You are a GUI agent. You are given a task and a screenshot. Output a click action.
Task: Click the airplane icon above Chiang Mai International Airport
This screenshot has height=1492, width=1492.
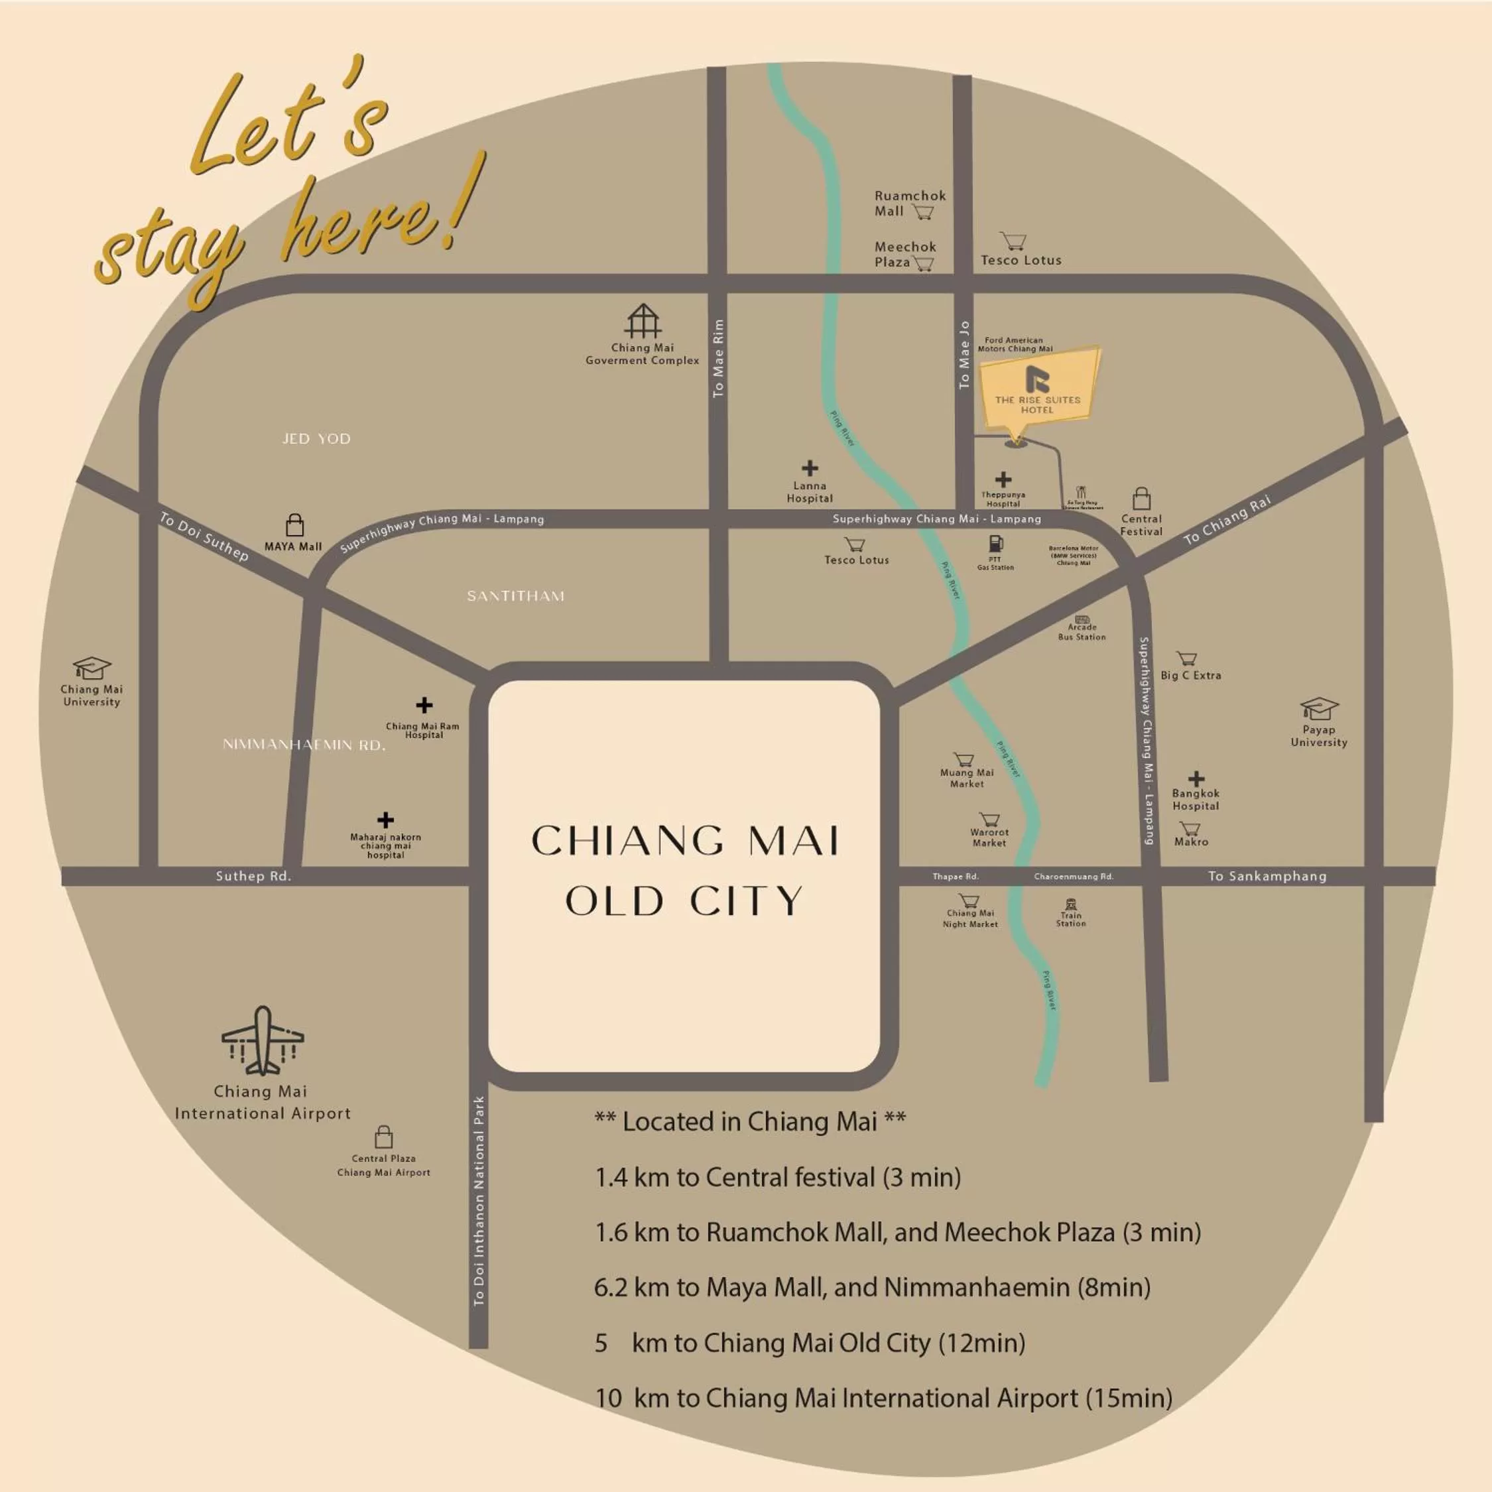[x=263, y=1041]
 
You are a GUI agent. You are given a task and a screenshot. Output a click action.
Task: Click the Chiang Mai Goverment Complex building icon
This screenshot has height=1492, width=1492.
[x=643, y=321]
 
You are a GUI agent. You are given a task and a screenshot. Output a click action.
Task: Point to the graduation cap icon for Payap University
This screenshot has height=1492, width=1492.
[x=1319, y=708]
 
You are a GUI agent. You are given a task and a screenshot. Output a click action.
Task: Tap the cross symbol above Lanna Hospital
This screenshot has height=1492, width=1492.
[x=809, y=468]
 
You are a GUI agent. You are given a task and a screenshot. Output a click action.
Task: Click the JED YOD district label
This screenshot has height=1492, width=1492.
[x=316, y=438]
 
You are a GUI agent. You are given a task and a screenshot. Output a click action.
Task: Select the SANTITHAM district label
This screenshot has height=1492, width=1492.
[x=516, y=596]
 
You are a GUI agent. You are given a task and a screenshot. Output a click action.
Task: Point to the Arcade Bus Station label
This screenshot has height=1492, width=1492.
[x=1082, y=633]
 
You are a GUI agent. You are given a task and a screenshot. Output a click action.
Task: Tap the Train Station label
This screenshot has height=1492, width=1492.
[x=1071, y=919]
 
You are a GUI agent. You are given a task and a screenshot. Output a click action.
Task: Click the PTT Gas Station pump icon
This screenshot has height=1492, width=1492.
[x=995, y=544]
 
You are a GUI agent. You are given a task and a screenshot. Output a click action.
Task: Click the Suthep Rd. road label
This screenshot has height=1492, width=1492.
[x=253, y=876]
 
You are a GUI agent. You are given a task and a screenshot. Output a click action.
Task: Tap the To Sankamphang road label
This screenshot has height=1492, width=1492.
[x=1267, y=876]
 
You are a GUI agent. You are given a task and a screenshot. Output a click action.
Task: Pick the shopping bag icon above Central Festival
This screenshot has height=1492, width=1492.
[x=1141, y=498]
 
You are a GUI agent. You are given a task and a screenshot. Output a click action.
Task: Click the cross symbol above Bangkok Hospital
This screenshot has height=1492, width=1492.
[x=1196, y=778]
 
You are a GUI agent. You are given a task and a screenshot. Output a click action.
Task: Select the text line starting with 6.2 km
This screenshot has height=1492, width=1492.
[x=872, y=1287]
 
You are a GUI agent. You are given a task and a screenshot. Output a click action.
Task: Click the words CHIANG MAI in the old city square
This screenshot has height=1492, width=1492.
[x=685, y=841]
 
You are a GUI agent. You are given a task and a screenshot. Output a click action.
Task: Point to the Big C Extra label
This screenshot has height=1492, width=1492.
[x=1191, y=675]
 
